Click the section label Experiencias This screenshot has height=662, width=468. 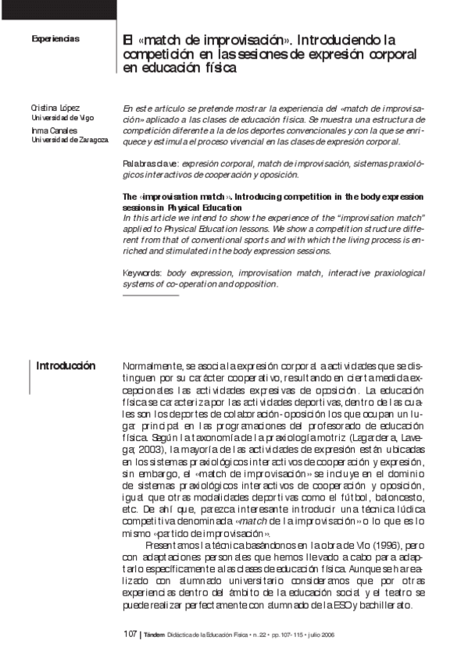pos(55,38)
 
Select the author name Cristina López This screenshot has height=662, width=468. pos(55,108)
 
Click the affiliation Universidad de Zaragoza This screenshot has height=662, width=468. pos(70,140)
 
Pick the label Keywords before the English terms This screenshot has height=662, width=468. pos(142,274)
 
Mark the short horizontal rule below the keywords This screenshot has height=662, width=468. pos(151,294)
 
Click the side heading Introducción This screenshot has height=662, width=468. pos(66,366)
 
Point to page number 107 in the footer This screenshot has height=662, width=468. pos(130,635)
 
